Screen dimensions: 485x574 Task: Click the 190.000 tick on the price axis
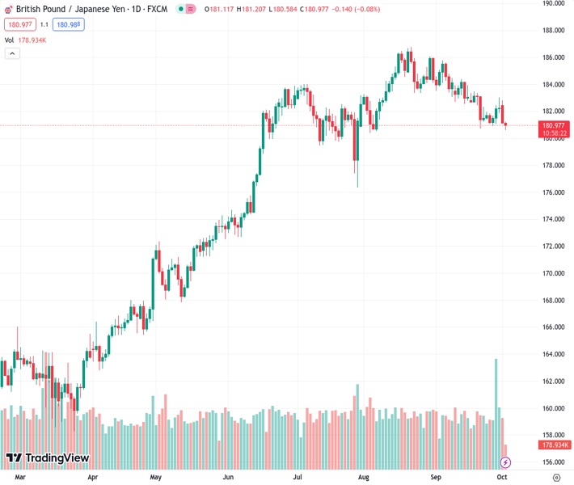[553, 3]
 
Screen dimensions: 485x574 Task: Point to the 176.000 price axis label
[553, 192]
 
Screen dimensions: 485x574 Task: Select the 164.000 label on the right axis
[553, 354]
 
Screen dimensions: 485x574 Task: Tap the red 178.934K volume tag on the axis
[555, 445]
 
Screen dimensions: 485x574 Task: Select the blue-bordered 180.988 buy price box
[69, 24]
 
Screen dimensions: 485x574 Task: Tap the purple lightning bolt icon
[506, 462]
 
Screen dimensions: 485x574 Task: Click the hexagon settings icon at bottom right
[555, 478]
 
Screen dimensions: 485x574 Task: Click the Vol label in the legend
[9, 40]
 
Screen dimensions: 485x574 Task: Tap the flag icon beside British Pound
[8, 9]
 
